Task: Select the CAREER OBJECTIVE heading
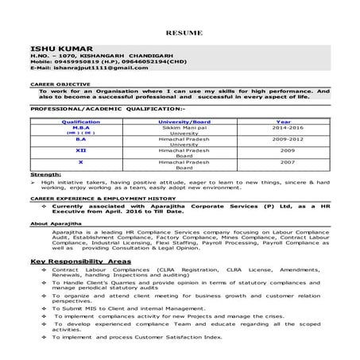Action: [x=53, y=83]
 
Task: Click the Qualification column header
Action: [x=81, y=122]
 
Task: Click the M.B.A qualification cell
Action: [x=81, y=127]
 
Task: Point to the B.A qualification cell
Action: [x=81, y=138]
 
